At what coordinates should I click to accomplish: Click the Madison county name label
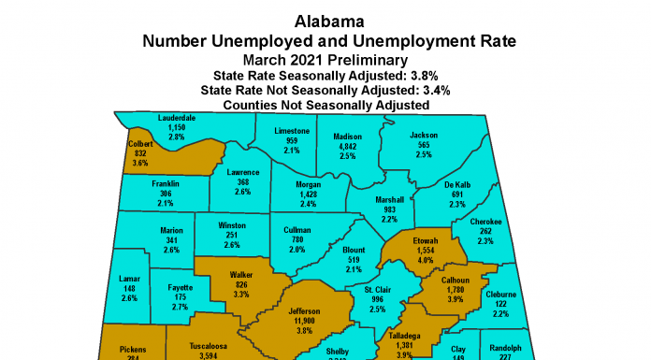point(348,136)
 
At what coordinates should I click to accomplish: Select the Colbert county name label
point(138,144)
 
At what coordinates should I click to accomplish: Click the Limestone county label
point(291,131)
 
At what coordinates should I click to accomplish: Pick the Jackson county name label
point(424,136)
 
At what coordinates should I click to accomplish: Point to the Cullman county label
point(297,229)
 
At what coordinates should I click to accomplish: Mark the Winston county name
point(232,225)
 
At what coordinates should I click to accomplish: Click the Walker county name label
point(241,275)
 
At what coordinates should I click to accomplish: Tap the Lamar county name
point(129,279)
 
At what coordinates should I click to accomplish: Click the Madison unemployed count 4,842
point(348,146)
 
